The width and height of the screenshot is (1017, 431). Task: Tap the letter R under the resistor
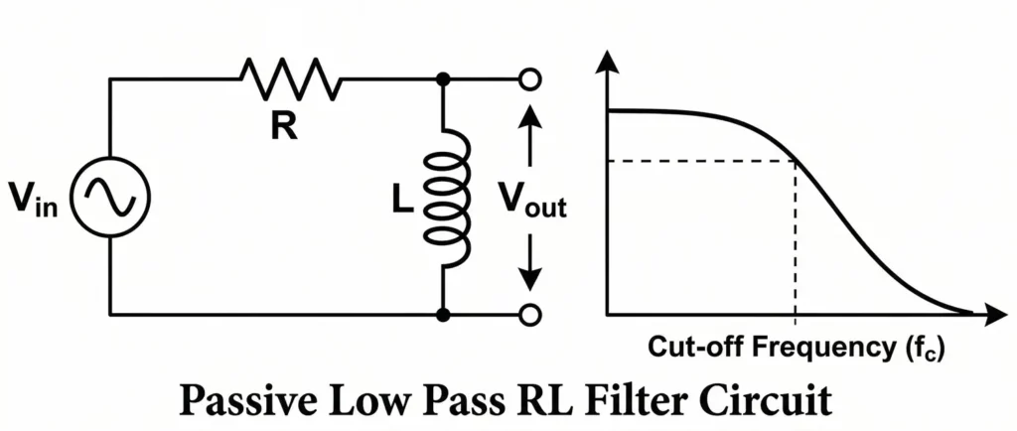click(285, 127)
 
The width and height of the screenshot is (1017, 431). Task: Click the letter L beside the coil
click(400, 199)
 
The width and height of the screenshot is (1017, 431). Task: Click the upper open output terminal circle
click(530, 78)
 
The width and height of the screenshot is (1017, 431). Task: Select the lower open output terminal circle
click(530, 315)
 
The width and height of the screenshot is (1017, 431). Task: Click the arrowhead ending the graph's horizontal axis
click(994, 315)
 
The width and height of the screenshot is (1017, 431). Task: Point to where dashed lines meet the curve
click(796, 161)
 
